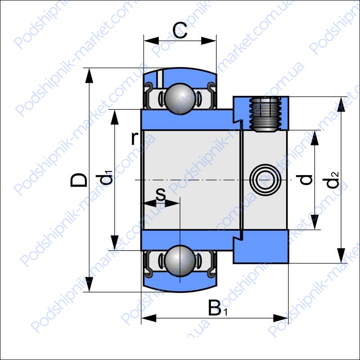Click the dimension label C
[x=180, y=30]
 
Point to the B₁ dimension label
[x=217, y=308]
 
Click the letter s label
[x=161, y=194]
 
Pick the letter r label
[x=135, y=139]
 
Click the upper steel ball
[x=180, y=99]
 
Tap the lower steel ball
[x=180, y=261]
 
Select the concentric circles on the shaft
[x=265, y=180]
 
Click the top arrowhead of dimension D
[x=89, y=75]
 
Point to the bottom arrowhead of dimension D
[x=89, y=284]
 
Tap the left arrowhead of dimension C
[x=151, y=40]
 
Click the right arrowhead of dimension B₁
[x=280, y=318]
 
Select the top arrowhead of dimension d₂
[x=342, y=104]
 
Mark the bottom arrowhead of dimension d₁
[x=115, y=243]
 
